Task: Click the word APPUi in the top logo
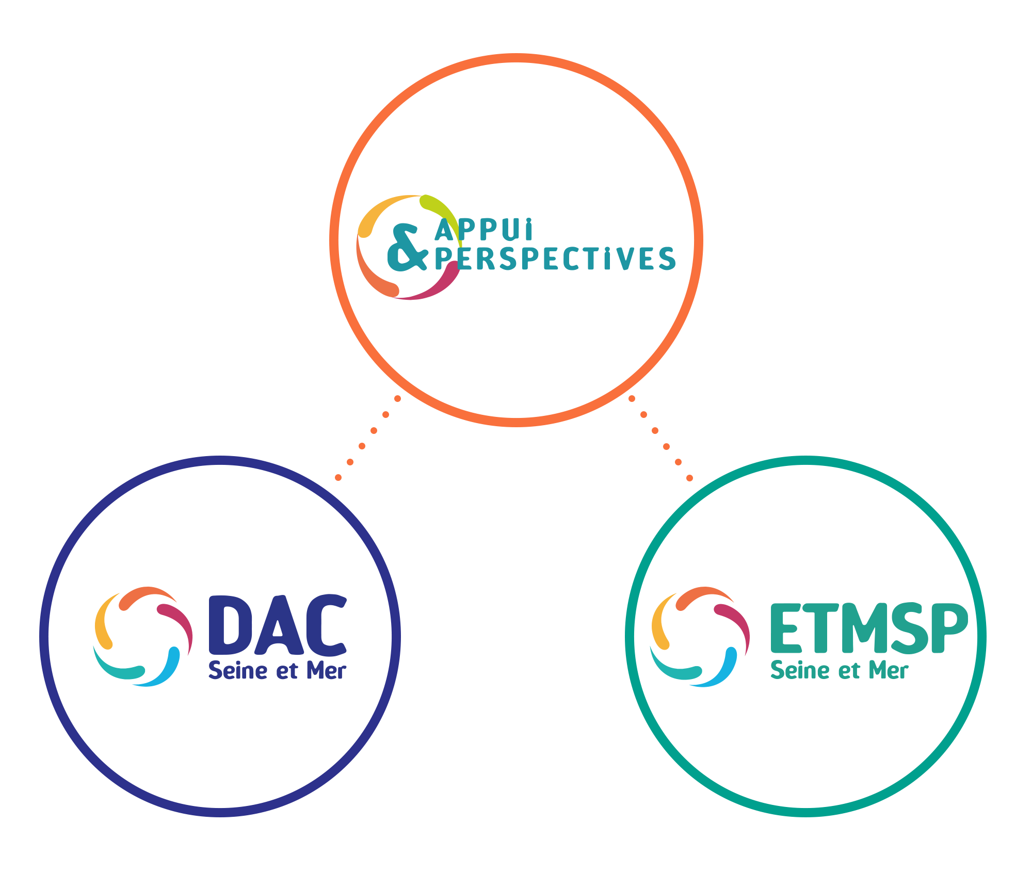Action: point(484,230)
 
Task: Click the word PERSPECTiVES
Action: point(555,259)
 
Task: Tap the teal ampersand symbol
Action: point(407,247)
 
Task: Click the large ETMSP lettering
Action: point(869,628)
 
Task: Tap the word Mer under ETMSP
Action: point(889,671)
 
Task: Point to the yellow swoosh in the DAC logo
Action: point(104,622)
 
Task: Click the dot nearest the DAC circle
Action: point(338,478)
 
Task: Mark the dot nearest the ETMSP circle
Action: point(690,478)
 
